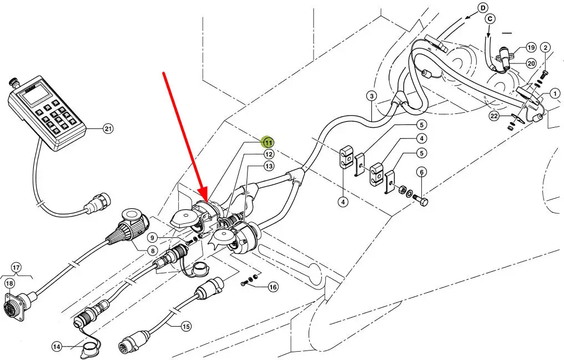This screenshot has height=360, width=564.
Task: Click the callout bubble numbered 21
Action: click(108, 129)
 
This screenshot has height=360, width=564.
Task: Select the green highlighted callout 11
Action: click(268, 142)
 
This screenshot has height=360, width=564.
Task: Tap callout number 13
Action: click(269, 166)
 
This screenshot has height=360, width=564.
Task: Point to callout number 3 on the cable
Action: click(371, 96)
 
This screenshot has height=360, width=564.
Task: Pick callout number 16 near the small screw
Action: click(273, 287)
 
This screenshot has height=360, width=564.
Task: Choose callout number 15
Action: click(185, 327)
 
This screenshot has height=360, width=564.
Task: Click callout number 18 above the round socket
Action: click(10, 284)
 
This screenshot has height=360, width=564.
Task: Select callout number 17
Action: click(16, 268)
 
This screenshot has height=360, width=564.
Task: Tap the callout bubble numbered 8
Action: click(153, 251)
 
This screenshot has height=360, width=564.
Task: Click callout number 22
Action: click(494, 116)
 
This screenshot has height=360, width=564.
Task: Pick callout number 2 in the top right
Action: click(546, 48)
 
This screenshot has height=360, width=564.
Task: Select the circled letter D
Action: click(482, 8)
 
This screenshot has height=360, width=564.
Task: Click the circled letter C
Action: click(490, 18)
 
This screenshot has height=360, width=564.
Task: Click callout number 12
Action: click(268, 154)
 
